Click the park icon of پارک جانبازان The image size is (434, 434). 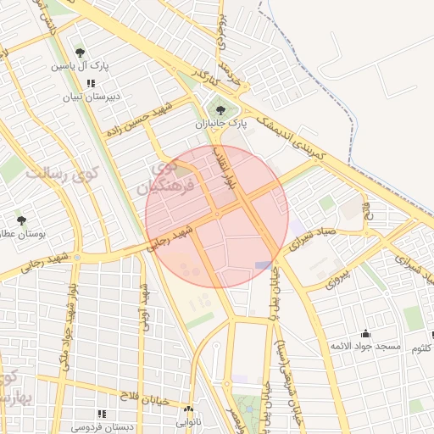coord(221,110)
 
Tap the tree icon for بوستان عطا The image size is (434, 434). coord(21,220)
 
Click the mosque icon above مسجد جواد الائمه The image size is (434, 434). coord(365,334)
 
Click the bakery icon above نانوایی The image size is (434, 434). coord(189,408)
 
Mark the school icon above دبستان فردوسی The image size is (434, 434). coord(102,414)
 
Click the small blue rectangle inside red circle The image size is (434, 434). coord(263,265)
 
